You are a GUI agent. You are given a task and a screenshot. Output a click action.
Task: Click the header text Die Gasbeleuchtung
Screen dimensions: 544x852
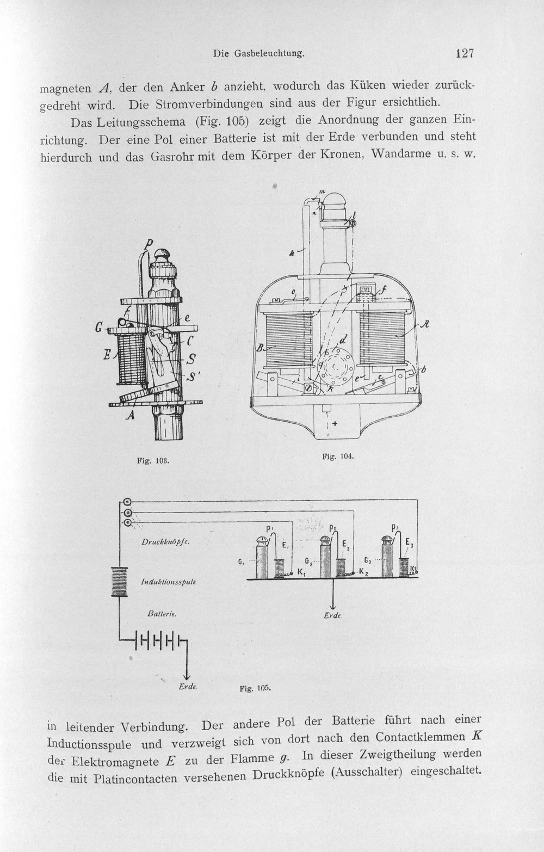coord(259,54)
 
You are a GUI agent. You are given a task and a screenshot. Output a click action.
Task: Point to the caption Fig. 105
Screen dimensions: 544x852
coord(255,688)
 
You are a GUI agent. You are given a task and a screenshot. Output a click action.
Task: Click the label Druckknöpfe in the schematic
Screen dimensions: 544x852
coord(165,542)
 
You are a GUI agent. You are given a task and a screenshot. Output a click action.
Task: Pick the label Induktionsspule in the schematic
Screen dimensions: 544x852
coord(168,582)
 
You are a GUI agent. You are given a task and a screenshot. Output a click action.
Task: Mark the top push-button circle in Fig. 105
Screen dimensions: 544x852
coord(127,502)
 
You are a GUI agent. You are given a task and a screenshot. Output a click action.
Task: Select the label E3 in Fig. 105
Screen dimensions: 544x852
coord(409,542)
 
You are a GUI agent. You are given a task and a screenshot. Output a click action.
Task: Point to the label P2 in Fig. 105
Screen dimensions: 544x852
coord(332,528)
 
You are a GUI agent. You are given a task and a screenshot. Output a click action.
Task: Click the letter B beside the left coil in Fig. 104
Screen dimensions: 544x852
coord(260,348)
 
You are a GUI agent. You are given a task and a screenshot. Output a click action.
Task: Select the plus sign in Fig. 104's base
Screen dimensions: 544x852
coord(335,423)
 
